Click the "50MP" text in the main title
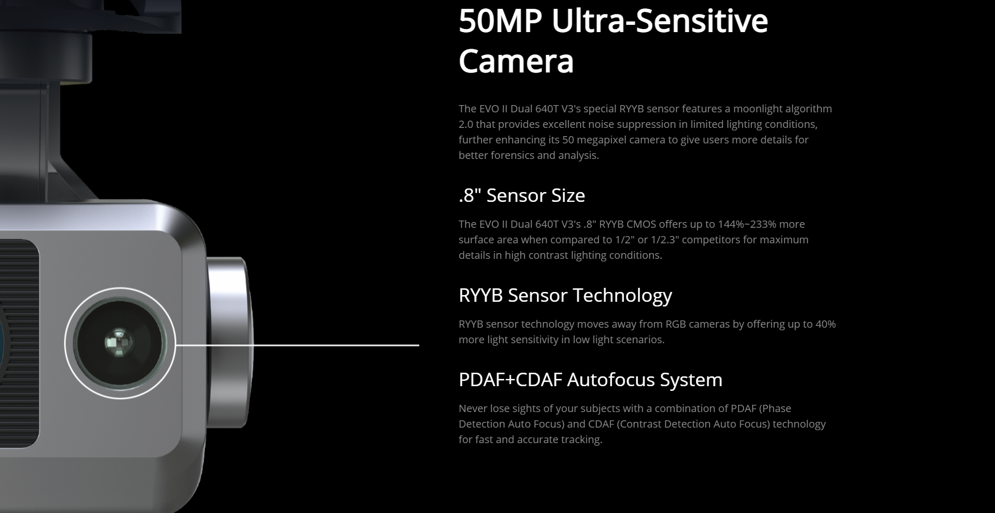(500, 22)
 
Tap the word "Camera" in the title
(516, 61)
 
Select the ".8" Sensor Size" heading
(522, 195)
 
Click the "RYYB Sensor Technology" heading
(565, 295)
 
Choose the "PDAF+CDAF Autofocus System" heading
(590, 379)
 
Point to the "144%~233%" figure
(747, 224)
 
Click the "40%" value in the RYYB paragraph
(826, 324)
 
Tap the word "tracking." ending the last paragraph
(581, 440)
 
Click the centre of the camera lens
(119, 343)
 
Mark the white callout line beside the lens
(297, 344)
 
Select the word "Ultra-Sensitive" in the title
(660, 22)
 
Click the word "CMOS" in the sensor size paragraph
(641, 224)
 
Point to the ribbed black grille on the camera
(19, 343)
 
